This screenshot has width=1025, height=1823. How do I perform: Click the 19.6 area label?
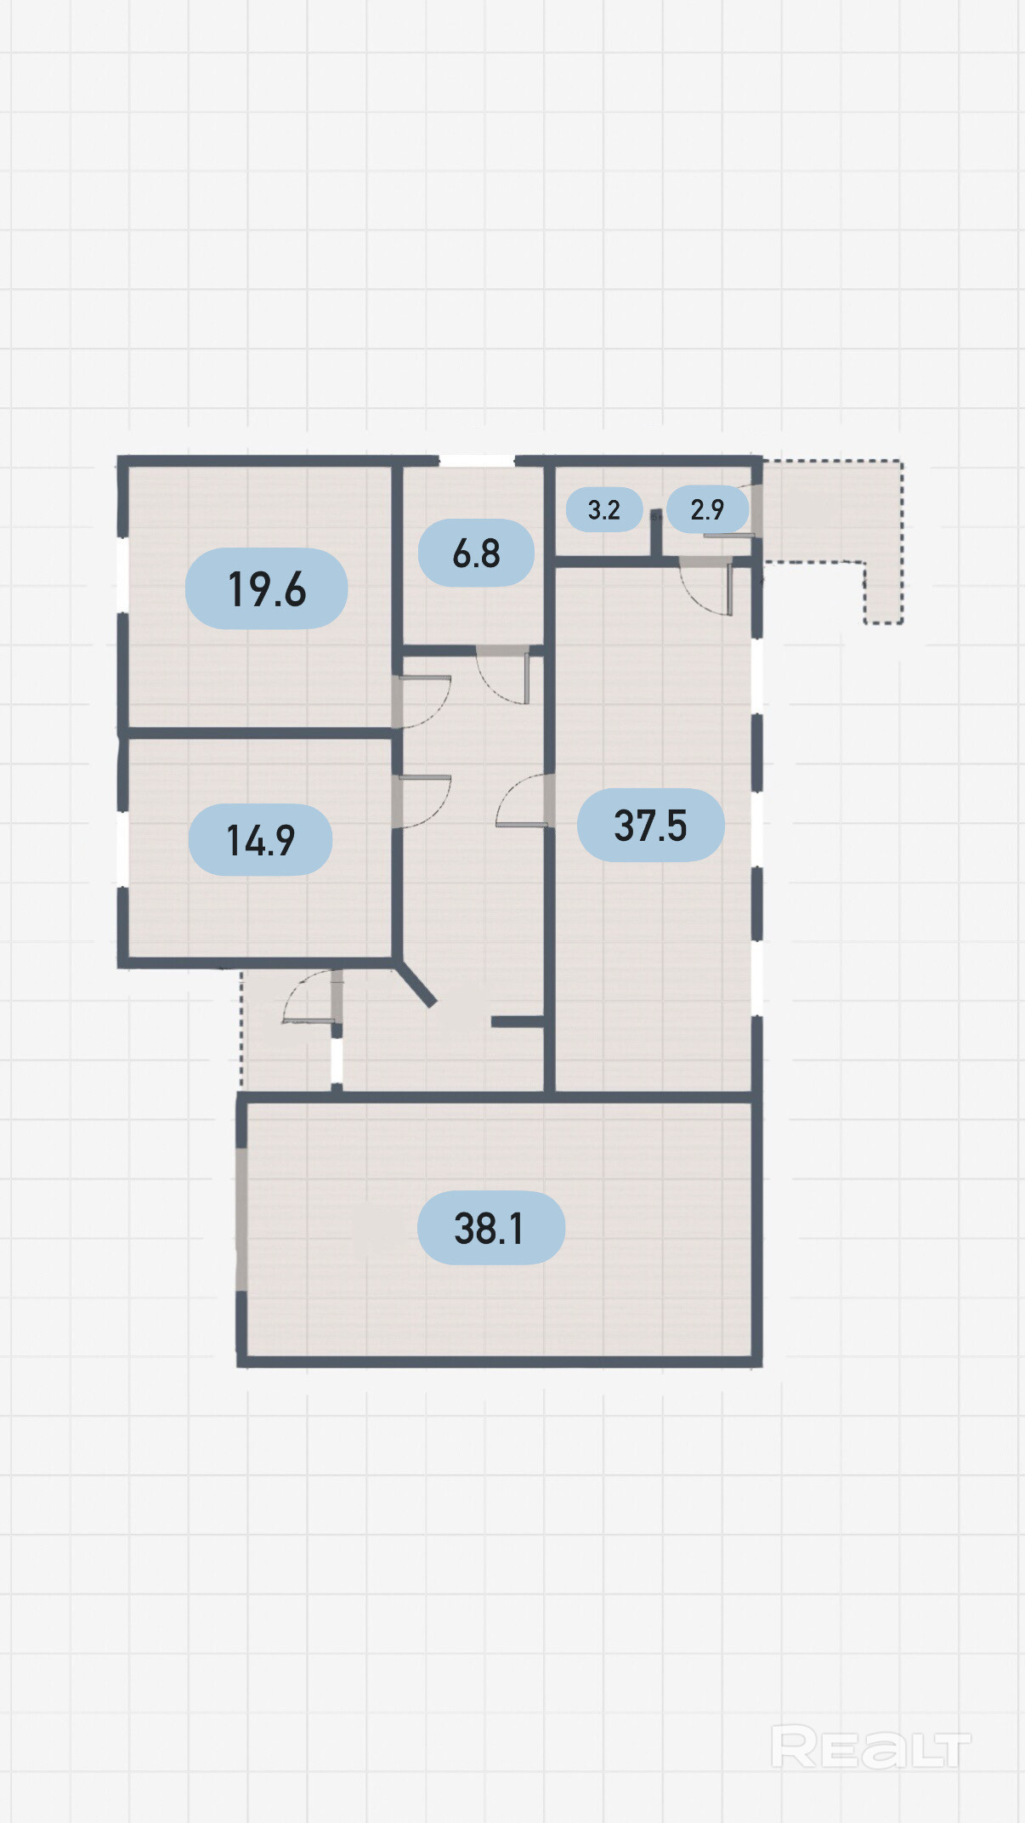[x=266, y=588]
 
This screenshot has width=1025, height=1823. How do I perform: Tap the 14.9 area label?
[x=260, y=840]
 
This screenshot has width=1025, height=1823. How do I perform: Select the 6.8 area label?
[x=476, y=553]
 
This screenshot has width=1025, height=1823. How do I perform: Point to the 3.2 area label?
[x=603, y=509]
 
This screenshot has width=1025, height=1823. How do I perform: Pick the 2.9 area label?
[x=707, y=509]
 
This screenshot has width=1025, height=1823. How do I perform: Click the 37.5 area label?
[x=650, y=825]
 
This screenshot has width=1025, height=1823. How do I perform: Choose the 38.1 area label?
[x=490, y=1228]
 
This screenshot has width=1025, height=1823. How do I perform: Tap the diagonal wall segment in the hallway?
[x=416, y=984]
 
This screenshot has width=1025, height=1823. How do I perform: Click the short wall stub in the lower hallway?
[x=518, y=1022]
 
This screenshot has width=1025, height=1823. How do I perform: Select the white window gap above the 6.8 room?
[x=477, y=461]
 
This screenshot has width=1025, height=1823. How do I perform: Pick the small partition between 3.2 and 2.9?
[x=656, y=534]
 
